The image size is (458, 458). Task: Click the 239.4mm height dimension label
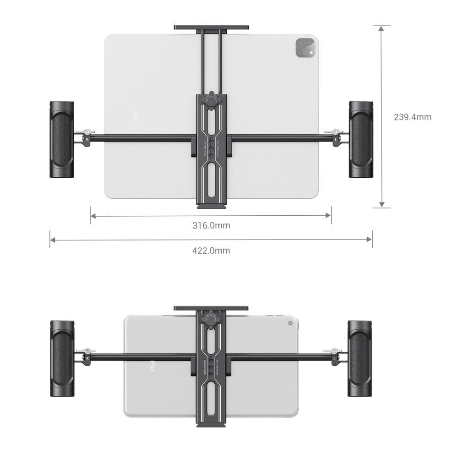(412, 117)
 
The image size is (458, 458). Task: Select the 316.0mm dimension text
(211, 225)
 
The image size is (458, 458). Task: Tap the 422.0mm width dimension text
(211, 251)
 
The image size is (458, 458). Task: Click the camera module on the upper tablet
(305, 48)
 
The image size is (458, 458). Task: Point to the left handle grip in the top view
(61, 140)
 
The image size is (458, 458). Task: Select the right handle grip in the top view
(361, 140)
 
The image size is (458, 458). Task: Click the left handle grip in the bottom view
(62, 358)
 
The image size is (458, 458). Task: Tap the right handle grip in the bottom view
(360, 358)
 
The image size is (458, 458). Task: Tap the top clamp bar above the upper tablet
(211, 27)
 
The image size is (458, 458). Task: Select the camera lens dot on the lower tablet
(290, 323)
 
